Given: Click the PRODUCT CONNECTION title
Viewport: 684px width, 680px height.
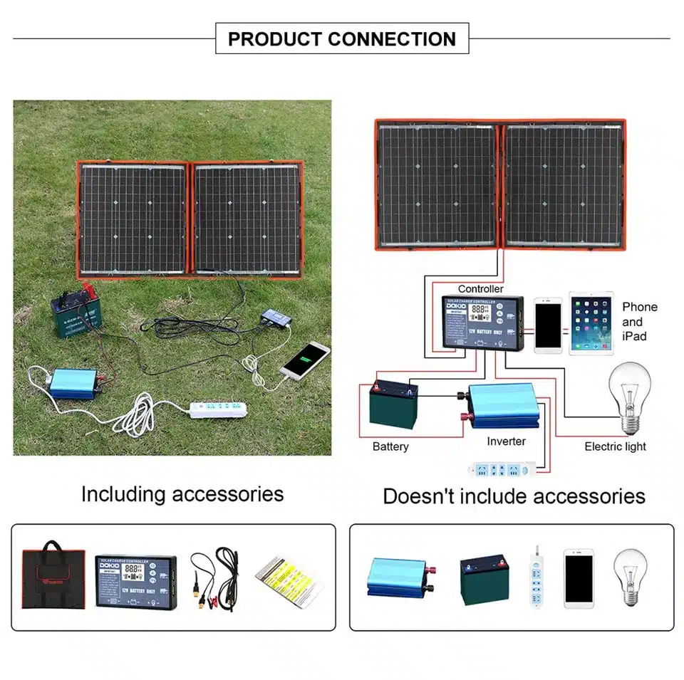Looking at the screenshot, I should coord(342,38).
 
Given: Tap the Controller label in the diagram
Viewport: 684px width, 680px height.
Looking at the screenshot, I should coord(480,288).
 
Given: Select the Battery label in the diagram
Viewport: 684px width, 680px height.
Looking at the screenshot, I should coord(390,446).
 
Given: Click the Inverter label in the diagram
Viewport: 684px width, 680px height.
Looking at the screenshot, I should coord(506,441).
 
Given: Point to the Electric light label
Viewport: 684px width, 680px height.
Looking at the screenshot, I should coord(615,446).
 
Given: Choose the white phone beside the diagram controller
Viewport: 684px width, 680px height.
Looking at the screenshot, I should coord(548,325).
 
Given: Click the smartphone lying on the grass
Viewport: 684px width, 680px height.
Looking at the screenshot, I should coord(305,360).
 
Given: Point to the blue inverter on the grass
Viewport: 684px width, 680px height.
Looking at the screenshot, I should coord(70,385).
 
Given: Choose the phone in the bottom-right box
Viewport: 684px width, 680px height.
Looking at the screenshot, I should coord(579,577).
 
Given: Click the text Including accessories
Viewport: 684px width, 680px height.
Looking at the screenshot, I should coord(182,494).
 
